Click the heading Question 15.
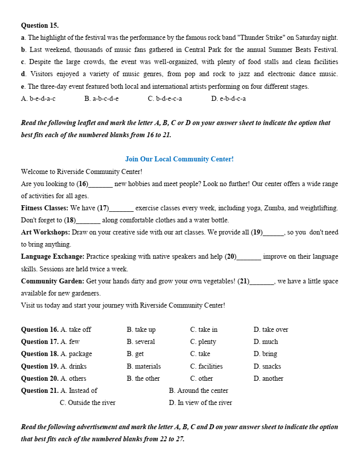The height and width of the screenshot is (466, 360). click(x=40, y=25)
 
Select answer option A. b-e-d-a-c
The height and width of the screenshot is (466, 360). click(x=38, y=99)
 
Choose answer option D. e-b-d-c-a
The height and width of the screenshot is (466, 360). click(x=228, y=99)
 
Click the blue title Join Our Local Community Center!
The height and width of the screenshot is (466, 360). click(x=179, y=159)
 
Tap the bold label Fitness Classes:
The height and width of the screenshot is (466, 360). click(x=44, y=208)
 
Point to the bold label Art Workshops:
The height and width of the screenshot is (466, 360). click(x=45, y=232)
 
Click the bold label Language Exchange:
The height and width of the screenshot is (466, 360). click(x=52, y=257)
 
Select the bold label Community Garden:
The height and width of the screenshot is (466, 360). click(x=52, y=281)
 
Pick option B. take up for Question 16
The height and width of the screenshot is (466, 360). click(x=141, y=330)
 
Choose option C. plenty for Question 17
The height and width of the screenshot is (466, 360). click(x=203, y=342)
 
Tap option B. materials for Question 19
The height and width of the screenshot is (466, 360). click(x=144, y=367)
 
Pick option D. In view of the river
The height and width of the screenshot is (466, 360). click(x=201, y=403)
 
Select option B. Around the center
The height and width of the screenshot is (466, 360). click(x=199, y=391)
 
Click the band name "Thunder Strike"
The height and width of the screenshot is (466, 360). click(x=263, y=38)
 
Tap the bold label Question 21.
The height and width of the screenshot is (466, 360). click(x=40, y=391)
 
